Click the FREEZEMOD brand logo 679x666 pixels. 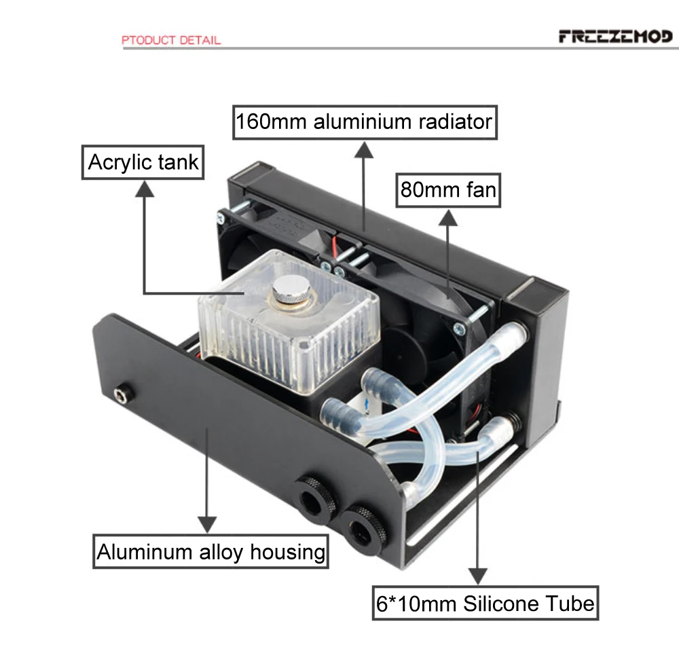point(615,37)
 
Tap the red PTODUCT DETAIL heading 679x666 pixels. point(171,40)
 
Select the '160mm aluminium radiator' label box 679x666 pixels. point(365,122)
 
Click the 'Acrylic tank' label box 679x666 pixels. point(143,162)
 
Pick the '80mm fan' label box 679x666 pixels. point(448,190)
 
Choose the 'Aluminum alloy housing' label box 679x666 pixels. point(211,552)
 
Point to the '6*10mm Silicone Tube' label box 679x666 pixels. point(485,604)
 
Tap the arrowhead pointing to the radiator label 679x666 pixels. point(364,149)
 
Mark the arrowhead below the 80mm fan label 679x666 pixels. point(447,217)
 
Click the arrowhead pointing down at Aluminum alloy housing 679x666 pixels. point(207,525)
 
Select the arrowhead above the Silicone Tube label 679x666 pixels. point(477,576)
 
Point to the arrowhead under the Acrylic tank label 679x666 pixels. point(144,189)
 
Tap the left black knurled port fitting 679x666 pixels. point(316,499)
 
